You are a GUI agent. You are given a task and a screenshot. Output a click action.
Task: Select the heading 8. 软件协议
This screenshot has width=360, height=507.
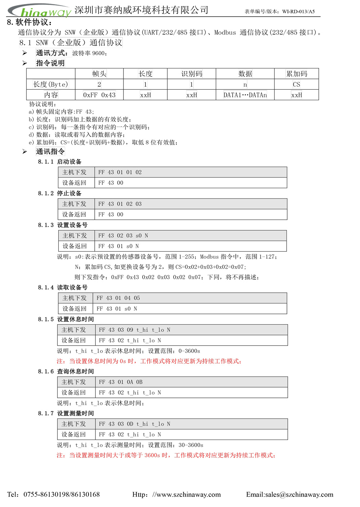click(30, 22)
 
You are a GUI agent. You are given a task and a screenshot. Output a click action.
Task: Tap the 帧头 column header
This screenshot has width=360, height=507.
click(99, 74)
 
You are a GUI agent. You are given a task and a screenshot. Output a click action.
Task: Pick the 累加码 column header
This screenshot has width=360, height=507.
click(296, 74)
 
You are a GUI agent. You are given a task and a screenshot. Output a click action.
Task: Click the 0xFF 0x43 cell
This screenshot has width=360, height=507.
click(99, 95)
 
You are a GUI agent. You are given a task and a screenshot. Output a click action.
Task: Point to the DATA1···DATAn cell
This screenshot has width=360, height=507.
click(245, 95)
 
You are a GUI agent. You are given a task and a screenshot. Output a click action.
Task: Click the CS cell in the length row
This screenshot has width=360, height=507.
click(296, 85)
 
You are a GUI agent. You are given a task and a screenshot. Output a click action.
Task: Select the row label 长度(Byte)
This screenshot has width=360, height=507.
click(50, 85)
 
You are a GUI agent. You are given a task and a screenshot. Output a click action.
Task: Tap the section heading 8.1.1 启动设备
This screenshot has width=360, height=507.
click(60, 162)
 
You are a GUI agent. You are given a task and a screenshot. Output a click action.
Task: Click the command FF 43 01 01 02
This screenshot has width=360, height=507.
click(120, 173)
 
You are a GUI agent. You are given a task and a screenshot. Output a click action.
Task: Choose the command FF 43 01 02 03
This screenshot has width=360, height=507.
click(120, 204)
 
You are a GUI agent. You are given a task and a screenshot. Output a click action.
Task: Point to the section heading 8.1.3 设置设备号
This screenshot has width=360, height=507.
click(63, 225)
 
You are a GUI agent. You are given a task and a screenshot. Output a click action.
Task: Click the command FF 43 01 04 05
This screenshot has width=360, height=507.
click(118, 298)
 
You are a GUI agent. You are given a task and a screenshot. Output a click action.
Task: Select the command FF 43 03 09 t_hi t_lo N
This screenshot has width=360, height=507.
click(134, 330)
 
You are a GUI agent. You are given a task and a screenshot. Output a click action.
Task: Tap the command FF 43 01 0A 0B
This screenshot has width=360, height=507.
click(121, 382)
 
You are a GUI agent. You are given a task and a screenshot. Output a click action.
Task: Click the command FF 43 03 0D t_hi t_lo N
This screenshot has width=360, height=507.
click(134, 424)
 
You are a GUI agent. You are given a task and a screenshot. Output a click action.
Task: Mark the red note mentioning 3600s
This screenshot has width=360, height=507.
click(166, 455)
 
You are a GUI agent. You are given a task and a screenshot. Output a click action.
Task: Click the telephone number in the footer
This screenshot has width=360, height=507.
click(62, 495)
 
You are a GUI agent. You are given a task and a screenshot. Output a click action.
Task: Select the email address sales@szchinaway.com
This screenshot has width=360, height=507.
click(299, 495)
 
